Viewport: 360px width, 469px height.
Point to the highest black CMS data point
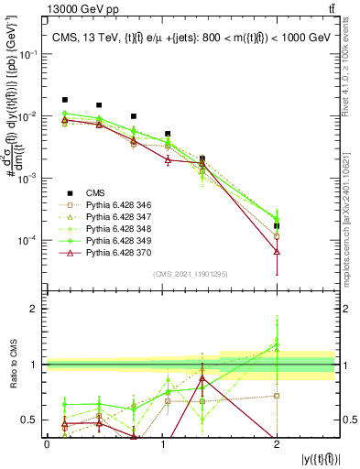64,100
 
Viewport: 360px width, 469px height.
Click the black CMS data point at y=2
277,225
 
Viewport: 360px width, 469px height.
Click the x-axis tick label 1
162,443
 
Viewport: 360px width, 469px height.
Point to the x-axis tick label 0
47,443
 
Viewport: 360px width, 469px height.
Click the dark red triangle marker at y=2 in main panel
277,251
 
